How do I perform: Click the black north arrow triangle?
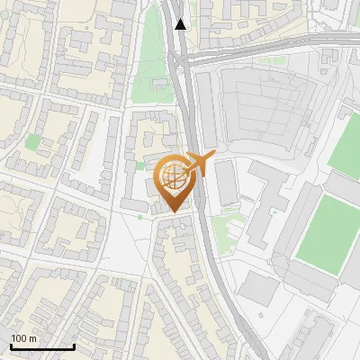(x=181, y=24)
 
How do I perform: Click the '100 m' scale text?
(x=23, y=338)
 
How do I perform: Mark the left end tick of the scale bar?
(x=11, y=345)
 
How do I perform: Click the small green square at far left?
(x=33, y=142)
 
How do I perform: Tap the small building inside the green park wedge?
(x=162, y=85)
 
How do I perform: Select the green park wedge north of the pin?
(x=151, y=63)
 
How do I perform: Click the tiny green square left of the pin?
(x=139, y=166)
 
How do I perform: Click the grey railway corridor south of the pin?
(x=216, y=270)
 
